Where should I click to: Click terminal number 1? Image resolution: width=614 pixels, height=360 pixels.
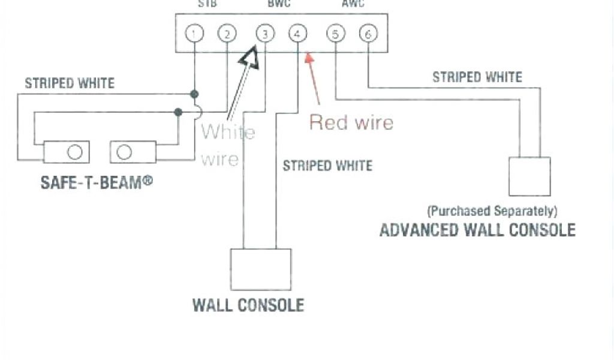tap(194, 34)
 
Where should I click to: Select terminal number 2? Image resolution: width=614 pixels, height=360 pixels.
tap(226, 34)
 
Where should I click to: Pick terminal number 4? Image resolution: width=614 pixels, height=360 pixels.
tap(297, 34)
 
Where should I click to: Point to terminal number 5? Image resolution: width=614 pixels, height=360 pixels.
tap(335, 34)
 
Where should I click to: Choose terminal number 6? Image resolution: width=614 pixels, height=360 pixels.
tap(368, 34)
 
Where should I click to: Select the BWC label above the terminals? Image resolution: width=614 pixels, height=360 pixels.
tap(279, 4)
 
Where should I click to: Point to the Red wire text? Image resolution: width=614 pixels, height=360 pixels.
tap(351, 122)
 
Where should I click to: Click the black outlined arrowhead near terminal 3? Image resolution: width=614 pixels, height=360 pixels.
tap(249, 58)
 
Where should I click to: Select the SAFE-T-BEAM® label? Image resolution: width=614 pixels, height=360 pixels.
tap(97, 182)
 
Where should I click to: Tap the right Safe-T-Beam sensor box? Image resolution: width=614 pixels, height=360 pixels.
tap(133, 152)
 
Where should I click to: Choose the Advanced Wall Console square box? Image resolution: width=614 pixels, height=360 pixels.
tap(529, 176)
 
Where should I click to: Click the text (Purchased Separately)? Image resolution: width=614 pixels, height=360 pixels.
tap(492, 211)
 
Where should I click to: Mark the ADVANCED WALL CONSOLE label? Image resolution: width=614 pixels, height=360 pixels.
tap(477, 230)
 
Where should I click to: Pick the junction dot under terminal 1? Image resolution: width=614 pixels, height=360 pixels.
tap(194, 94)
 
